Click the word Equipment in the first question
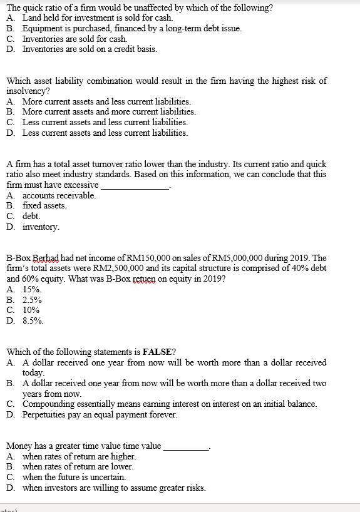[x=43, y=29]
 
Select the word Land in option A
[x=32, y=19]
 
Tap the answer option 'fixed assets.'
[x=44, y=206]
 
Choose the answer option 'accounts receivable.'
[x=59, y=196]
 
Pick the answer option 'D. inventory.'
[x=41, y=227]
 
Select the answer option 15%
[x=32, y=290]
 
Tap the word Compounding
[x=50, y=404]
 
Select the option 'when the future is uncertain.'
[x=78, y=478]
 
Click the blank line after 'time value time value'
[x=185, y=447]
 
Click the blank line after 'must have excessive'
[x=135, y=186]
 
